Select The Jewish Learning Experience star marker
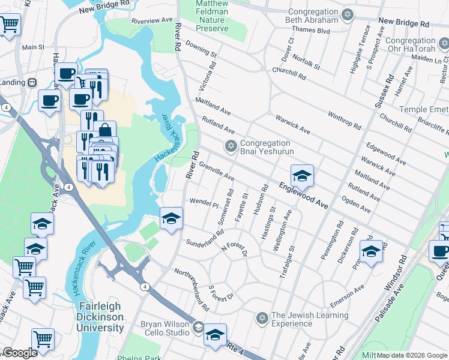coord(261,318)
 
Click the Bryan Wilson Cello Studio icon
coord(198,327)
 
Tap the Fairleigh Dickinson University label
coord(101,317)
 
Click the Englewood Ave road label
coord(303,195)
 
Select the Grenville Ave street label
coord(216,170)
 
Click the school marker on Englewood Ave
coord(302,175)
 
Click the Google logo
coord(20,353)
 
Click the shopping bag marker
coord(105,131)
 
